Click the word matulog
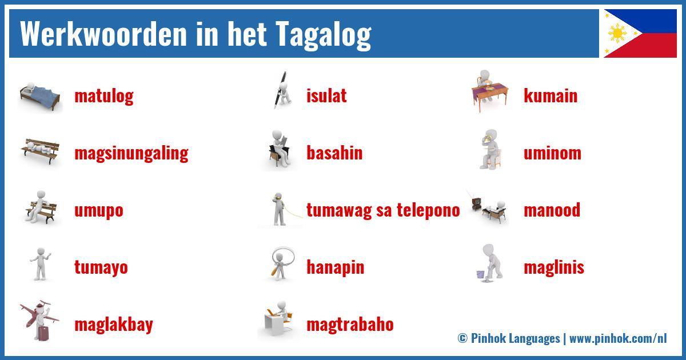[x=103, y=95]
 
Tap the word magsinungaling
[x=131, y=153]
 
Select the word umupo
[x=98, y=210]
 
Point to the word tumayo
[x=101, y=267]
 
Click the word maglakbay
[x=113, y=325]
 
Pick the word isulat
[x=326, y=95]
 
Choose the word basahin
[x=334, y=153]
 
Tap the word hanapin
[x=335, y=267]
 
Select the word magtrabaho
[x=350, y=325]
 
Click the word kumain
[x=551, y=95]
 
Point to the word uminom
[x=552, y=153]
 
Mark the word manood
[x=552, y=210]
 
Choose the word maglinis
[x=554, y=267]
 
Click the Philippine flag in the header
[x=640, y=33]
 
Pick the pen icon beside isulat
[x=280, y=91]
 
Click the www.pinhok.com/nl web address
[x=618, y=338]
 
